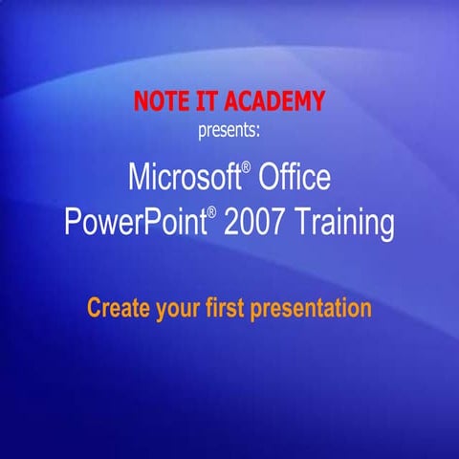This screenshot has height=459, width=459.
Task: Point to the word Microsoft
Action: coord(181,177)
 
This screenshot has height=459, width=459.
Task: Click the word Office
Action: coord(291,177)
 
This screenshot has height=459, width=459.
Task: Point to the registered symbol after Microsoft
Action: coord(245,167)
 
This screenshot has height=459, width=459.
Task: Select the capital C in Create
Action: coord(94,309)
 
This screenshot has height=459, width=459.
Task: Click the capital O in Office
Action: coord(265,177)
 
